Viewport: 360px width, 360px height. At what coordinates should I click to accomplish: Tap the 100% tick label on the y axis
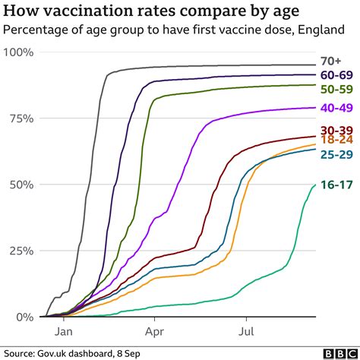click(21, 52)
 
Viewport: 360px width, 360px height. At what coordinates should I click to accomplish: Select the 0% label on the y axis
click(27, 317)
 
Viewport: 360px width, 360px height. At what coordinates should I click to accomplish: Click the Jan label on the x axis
click(63, 331)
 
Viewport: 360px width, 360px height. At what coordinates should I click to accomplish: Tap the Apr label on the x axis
click(155, 331)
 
